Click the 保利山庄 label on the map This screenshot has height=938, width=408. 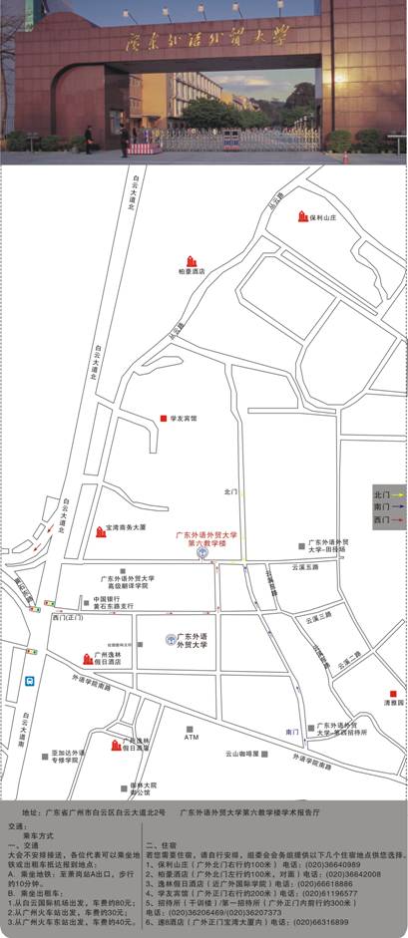[327, 216]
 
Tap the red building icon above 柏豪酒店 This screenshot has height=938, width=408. [192, 261]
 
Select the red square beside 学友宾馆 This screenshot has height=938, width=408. [163, 419]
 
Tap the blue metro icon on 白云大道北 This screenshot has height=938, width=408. [29, 682]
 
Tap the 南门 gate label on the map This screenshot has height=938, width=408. [292, 732]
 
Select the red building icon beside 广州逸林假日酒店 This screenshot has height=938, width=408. [88, 659]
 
